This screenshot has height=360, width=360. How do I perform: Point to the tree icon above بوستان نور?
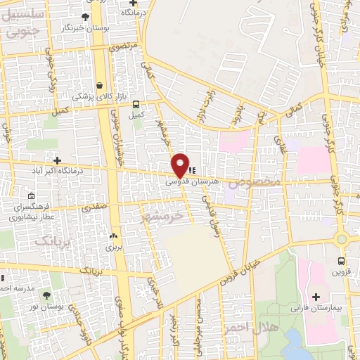click(47, 295)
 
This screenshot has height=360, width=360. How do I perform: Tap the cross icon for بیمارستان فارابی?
click(316, 297)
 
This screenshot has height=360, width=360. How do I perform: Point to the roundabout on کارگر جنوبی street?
click(342, 238)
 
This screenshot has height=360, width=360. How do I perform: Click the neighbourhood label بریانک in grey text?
click(53, 240)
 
